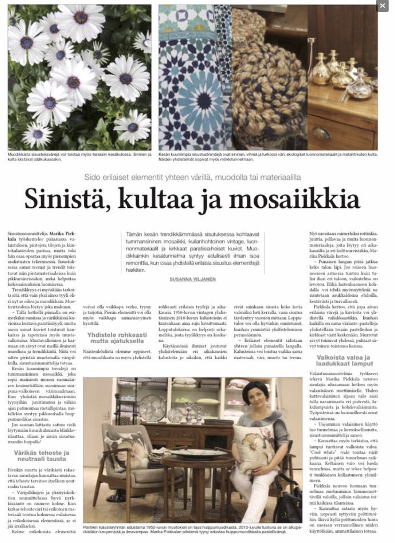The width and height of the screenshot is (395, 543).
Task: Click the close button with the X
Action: point(382,6)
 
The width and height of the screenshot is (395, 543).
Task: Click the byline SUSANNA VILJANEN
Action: point(193,279)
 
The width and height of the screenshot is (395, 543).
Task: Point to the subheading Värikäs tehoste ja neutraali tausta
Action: point(42,456)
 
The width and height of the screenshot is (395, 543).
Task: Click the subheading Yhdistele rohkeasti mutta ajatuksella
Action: point(117,338)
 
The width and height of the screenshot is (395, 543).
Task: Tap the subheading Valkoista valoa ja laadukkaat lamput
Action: point(343,360)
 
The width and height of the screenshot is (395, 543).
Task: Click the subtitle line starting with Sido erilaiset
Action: point(193,177)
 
